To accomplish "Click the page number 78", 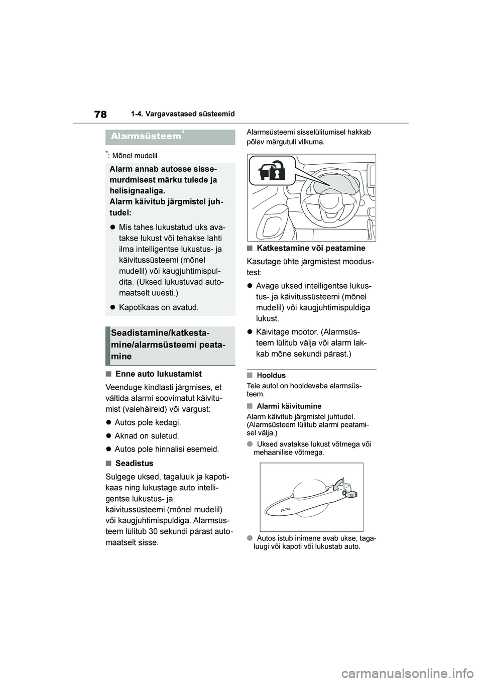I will (x=100, y=115).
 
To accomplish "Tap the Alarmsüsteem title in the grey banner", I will (x=144, y=136).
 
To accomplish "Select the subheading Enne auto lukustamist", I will (x=158, y=374).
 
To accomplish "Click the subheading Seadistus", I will (x=134, y=463).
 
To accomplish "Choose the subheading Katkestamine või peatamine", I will (x=311, y=248).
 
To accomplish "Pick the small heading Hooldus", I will (x=271, y=375).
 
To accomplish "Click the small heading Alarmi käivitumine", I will (x=289, y=406).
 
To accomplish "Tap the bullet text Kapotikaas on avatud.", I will (x=159, y=307).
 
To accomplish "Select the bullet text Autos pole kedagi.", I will (x=148, y=422).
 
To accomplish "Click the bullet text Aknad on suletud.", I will (x=147, y=436).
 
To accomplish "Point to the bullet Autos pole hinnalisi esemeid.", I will (x=167, y=449).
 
